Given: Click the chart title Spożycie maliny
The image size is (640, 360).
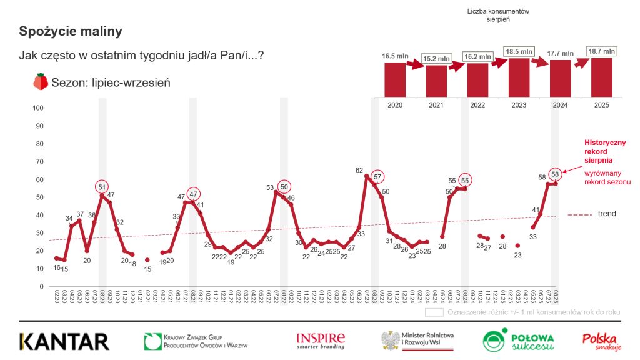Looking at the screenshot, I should [71, 31].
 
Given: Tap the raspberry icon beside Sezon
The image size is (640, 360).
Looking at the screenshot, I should [41, 82].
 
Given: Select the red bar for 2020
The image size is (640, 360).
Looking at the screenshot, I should [394, 79].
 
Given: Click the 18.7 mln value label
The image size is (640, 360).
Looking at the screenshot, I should [601, 51].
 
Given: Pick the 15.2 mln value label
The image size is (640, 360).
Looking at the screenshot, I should [436, 59].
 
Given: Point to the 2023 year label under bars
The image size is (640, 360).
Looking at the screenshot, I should [518, 105].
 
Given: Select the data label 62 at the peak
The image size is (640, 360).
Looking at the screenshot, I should [359, 170].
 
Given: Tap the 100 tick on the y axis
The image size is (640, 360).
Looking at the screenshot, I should [37, 109].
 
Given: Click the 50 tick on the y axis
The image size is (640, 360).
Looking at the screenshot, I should [39, 197].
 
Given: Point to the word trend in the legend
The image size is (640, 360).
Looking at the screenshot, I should [606, 214].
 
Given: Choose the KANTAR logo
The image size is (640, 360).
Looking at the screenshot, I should [64, 341].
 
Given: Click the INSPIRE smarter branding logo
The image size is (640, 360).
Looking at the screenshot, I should [320, 341].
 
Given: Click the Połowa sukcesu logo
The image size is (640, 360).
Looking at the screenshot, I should [518, 341].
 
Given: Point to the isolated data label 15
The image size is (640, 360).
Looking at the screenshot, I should [147, 269].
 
